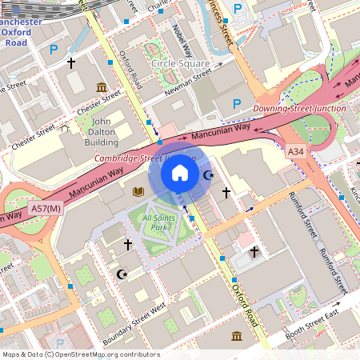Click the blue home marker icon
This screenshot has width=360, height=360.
click(180, 172)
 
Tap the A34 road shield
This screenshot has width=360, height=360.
click(296, 150)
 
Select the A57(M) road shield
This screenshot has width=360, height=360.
click(46, 209)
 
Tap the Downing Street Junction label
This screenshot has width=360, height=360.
click(299, 108)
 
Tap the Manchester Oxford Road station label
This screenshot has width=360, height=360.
click(26, 32)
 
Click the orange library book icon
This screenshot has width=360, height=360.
click(138, 191)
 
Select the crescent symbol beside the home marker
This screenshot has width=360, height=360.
click(210, 174)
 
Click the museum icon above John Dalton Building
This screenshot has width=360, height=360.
click(102, 86)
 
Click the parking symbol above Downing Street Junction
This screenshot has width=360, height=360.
click(237, 103)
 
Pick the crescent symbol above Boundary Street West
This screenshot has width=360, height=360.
click(122, 274)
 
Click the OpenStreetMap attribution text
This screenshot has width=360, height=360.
click(80, 354)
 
